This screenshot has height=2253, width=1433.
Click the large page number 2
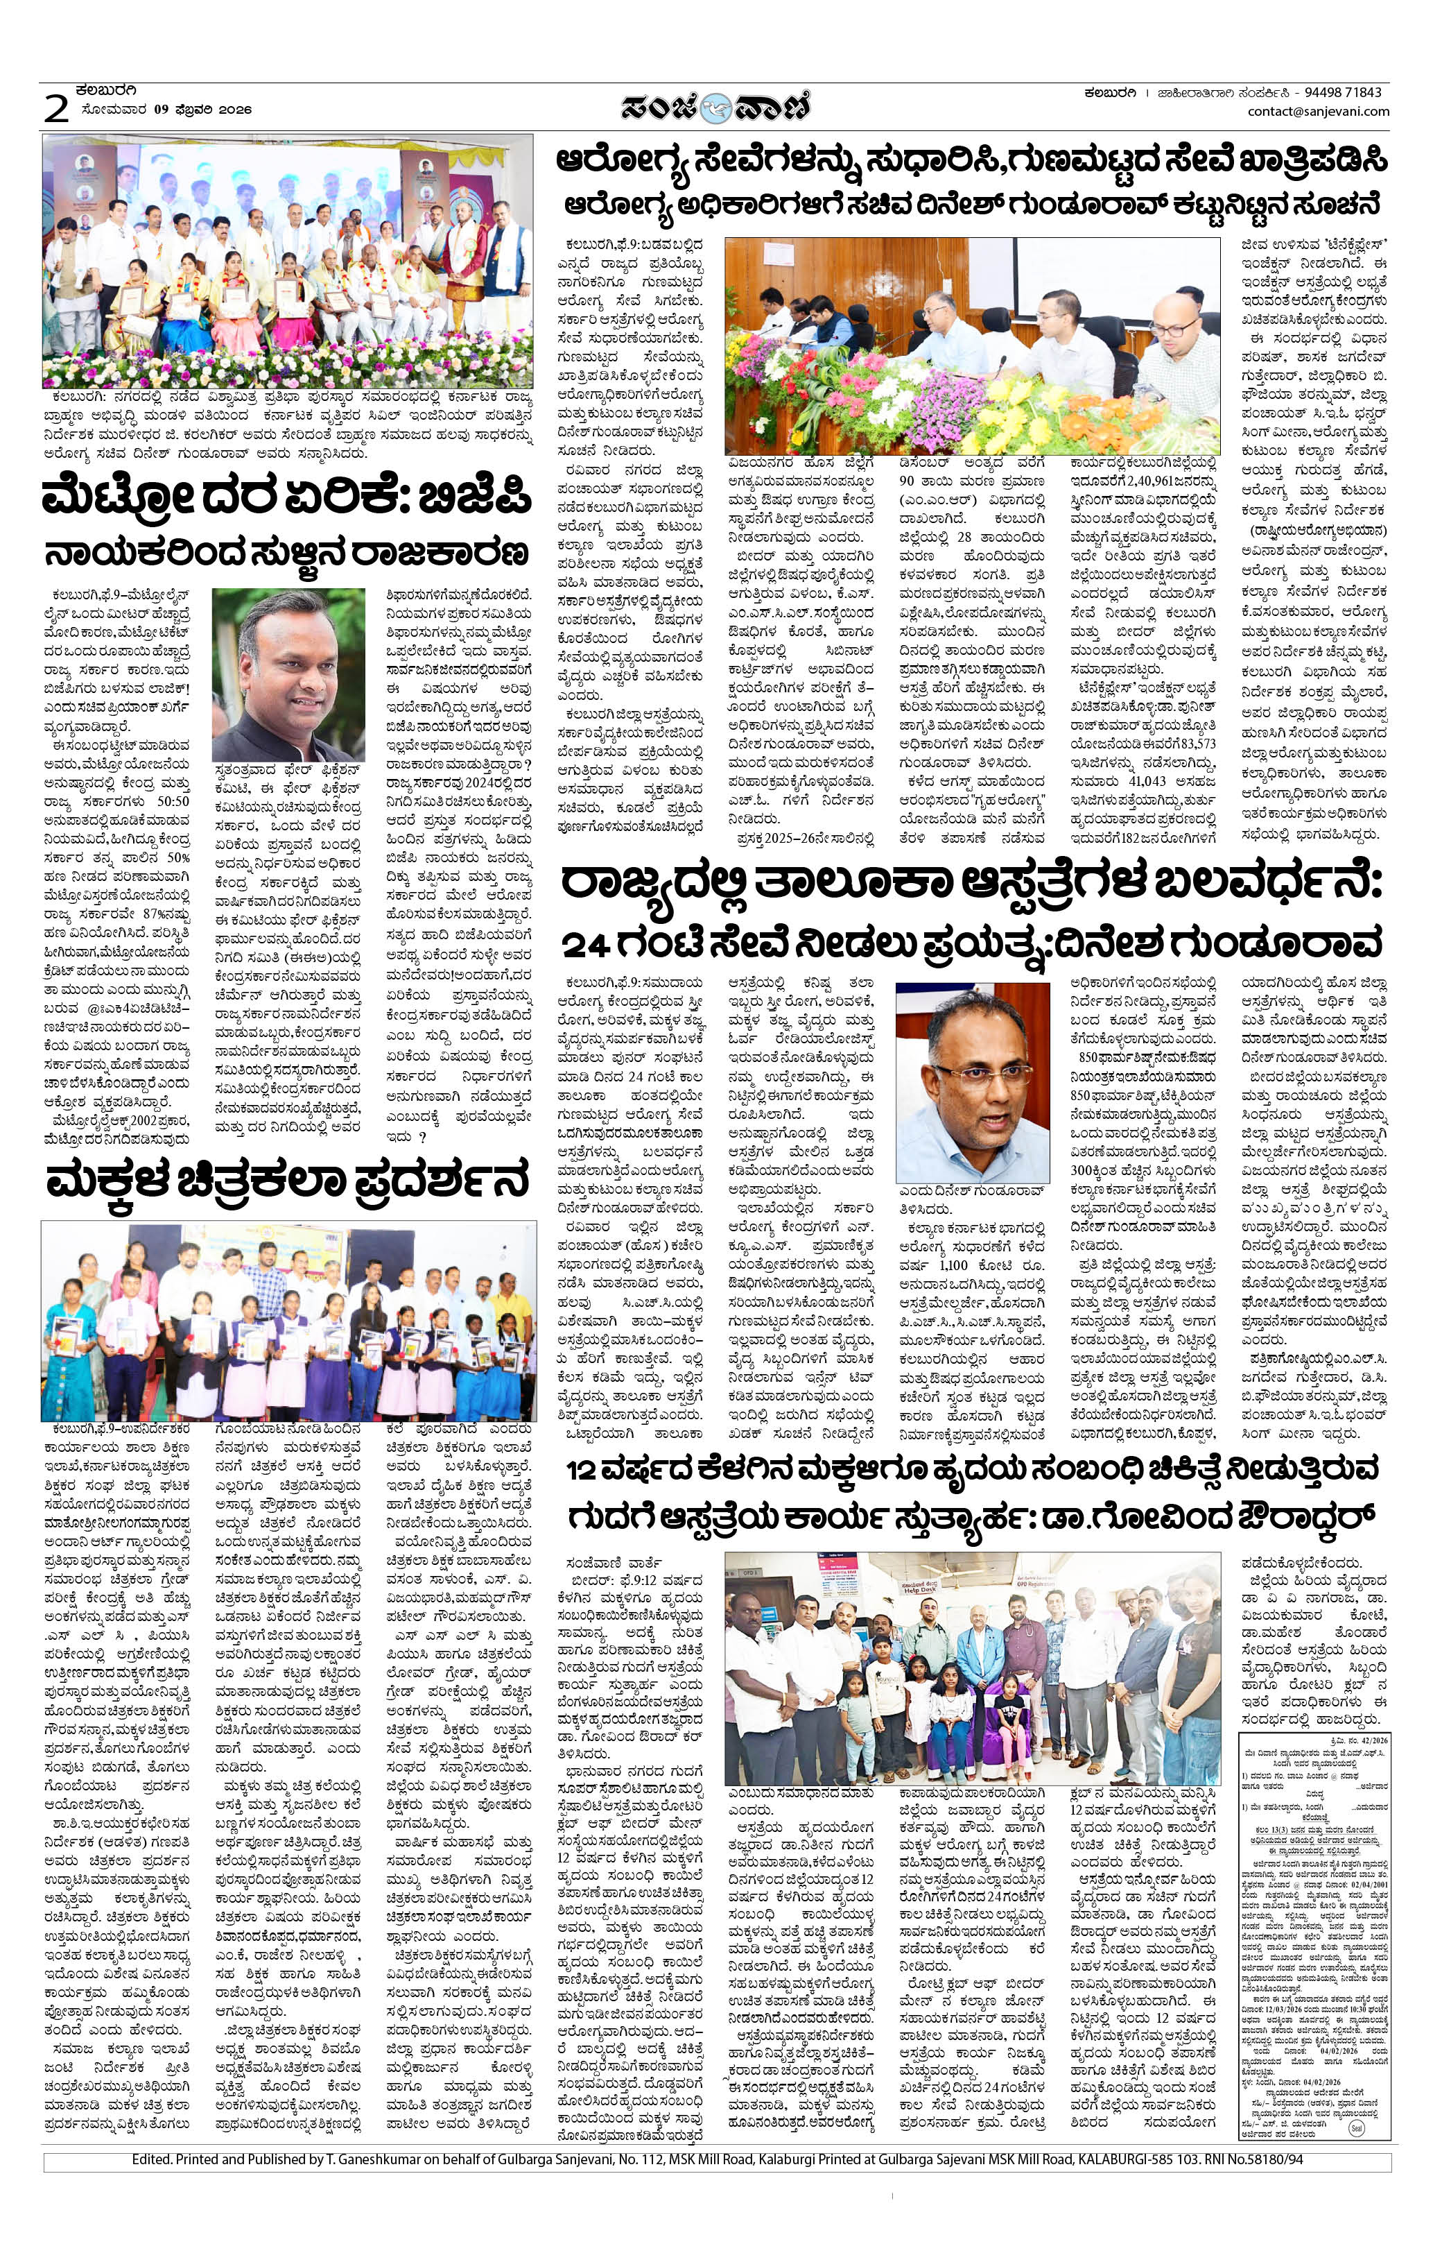56,110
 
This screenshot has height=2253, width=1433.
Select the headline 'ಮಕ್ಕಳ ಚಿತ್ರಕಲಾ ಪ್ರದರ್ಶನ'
287,1181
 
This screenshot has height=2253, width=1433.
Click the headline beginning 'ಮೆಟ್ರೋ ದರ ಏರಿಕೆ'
286,501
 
